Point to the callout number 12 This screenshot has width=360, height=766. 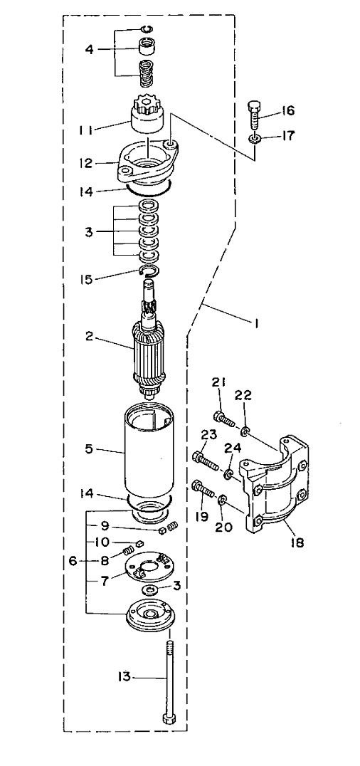tap(86, 163)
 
